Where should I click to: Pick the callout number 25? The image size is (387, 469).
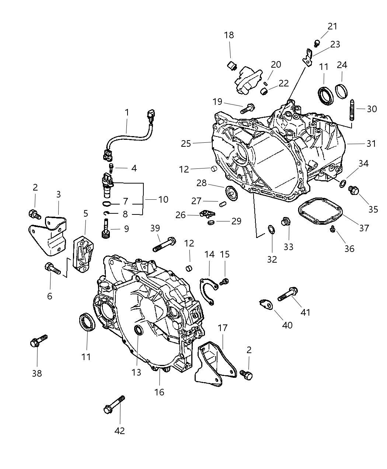point(186,143)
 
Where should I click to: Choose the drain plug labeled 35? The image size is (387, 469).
point(353,190)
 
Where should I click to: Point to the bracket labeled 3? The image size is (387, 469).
point(48,235)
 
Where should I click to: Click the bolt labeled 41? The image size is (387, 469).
point(287,294)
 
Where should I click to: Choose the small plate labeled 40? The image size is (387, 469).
point(266,304)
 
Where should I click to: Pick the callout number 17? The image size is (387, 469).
point(223,327)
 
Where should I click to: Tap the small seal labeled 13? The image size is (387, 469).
point(139,330)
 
